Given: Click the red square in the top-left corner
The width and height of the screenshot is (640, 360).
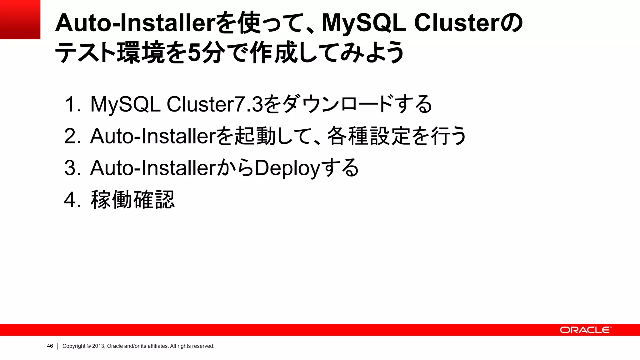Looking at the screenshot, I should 20,19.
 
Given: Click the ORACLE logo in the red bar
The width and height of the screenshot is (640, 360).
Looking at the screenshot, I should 585,330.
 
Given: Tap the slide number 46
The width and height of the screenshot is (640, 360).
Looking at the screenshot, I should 50,346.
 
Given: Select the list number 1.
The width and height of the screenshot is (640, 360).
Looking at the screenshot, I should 71,104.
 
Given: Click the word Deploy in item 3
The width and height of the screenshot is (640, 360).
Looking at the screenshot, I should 287,168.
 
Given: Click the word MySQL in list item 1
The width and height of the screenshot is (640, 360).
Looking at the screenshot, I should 125,104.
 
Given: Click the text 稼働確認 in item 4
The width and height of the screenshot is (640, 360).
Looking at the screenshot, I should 132,200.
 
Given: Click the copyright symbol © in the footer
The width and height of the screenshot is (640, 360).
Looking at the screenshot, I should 89,346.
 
